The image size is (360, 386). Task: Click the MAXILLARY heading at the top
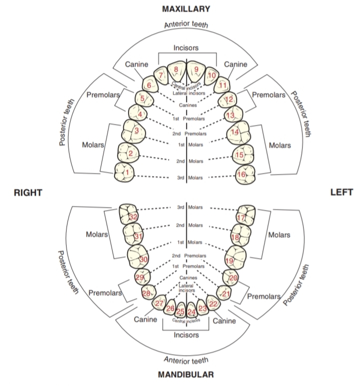(x=186, y=8)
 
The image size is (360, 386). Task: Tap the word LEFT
(x=341, y=192)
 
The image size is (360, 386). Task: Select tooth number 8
(x=176, y=70)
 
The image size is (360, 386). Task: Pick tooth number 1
(x=126, y=172)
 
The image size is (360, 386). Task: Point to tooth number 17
(x=241, y=217)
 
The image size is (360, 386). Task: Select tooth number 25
(x=180, y=312)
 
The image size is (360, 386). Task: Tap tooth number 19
(x=230, y=260)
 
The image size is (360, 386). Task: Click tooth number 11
(x=223, y=84)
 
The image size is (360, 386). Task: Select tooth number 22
(x=213, y=303)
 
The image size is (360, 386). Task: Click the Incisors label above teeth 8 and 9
(x=186, y=48)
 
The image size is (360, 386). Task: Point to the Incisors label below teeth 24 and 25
(x=186, y=334)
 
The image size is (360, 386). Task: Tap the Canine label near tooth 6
(x=136, y=64)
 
